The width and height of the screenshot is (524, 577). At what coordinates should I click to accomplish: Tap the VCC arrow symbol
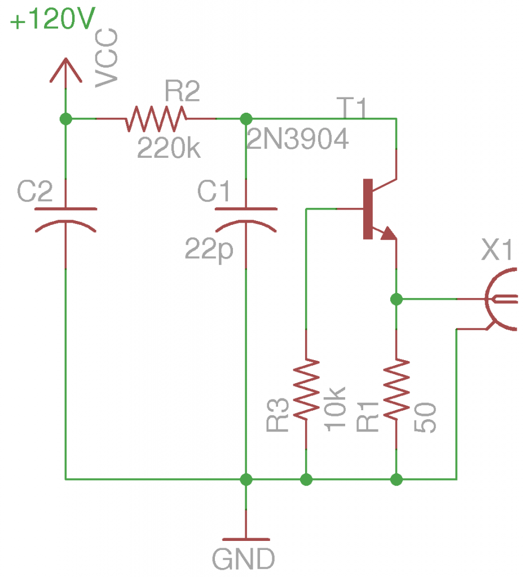coord(66,70)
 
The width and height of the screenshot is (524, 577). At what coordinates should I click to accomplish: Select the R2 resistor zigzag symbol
coord(156,118)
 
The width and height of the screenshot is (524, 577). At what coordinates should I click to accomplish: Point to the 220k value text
coord(168,149)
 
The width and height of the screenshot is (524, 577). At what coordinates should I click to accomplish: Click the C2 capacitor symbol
coord(66,219)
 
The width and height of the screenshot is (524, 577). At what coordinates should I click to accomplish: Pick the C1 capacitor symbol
coord(246,219)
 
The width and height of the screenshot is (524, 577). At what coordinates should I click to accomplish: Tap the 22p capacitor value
coord(209,249)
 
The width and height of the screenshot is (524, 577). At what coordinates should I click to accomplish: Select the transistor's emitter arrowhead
coord(388,233)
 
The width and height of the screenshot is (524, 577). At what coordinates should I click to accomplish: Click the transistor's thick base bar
coord(368,209)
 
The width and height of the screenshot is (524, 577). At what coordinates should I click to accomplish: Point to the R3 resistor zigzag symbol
coord(306,389)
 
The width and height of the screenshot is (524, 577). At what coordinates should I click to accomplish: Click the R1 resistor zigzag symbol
coord(397,389)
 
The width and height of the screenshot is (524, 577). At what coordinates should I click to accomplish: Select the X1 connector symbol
coord(501,299)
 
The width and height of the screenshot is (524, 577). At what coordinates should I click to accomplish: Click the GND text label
coord(244,559)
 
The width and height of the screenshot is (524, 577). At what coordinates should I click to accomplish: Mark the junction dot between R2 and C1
coord(246,119)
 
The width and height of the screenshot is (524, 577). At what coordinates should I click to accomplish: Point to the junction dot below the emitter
coord(397,299)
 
